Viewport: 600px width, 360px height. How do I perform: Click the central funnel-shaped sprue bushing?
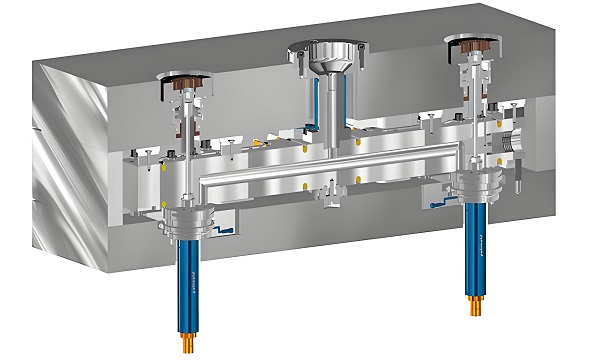(325, 59)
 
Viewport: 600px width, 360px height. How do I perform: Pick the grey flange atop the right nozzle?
(476, 184)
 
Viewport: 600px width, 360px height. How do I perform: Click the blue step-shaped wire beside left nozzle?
(222, 233)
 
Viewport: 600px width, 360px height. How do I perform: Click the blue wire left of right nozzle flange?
(439, 204)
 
